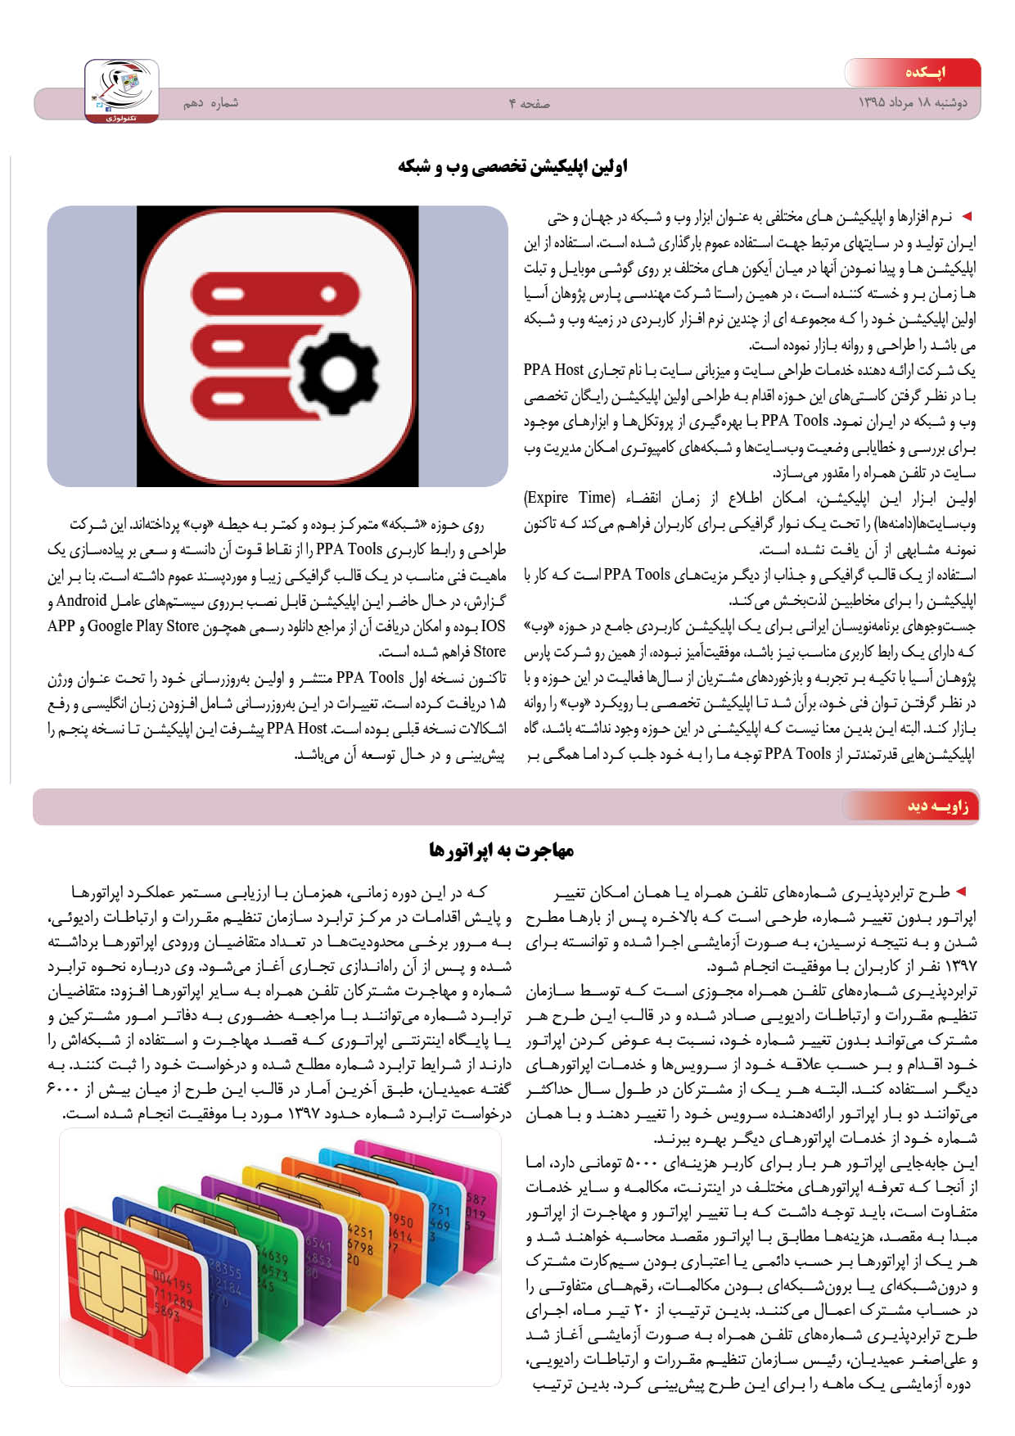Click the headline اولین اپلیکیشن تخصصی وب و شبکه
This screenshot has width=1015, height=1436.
(x=512, y=167)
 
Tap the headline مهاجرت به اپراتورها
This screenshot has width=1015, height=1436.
(x=501, y=851)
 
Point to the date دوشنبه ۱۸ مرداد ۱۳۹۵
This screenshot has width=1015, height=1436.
(x=912, y=103)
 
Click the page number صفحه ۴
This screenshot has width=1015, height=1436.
(x=529, y=103)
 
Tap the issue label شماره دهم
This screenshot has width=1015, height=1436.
(x=210, y=103)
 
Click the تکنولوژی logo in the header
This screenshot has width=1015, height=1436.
(x=122, y=91)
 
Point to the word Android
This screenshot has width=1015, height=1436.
(x=82, y=601)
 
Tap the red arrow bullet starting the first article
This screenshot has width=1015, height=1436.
(x=967, y=216)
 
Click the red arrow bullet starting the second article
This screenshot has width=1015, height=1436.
(x=961, y=891)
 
